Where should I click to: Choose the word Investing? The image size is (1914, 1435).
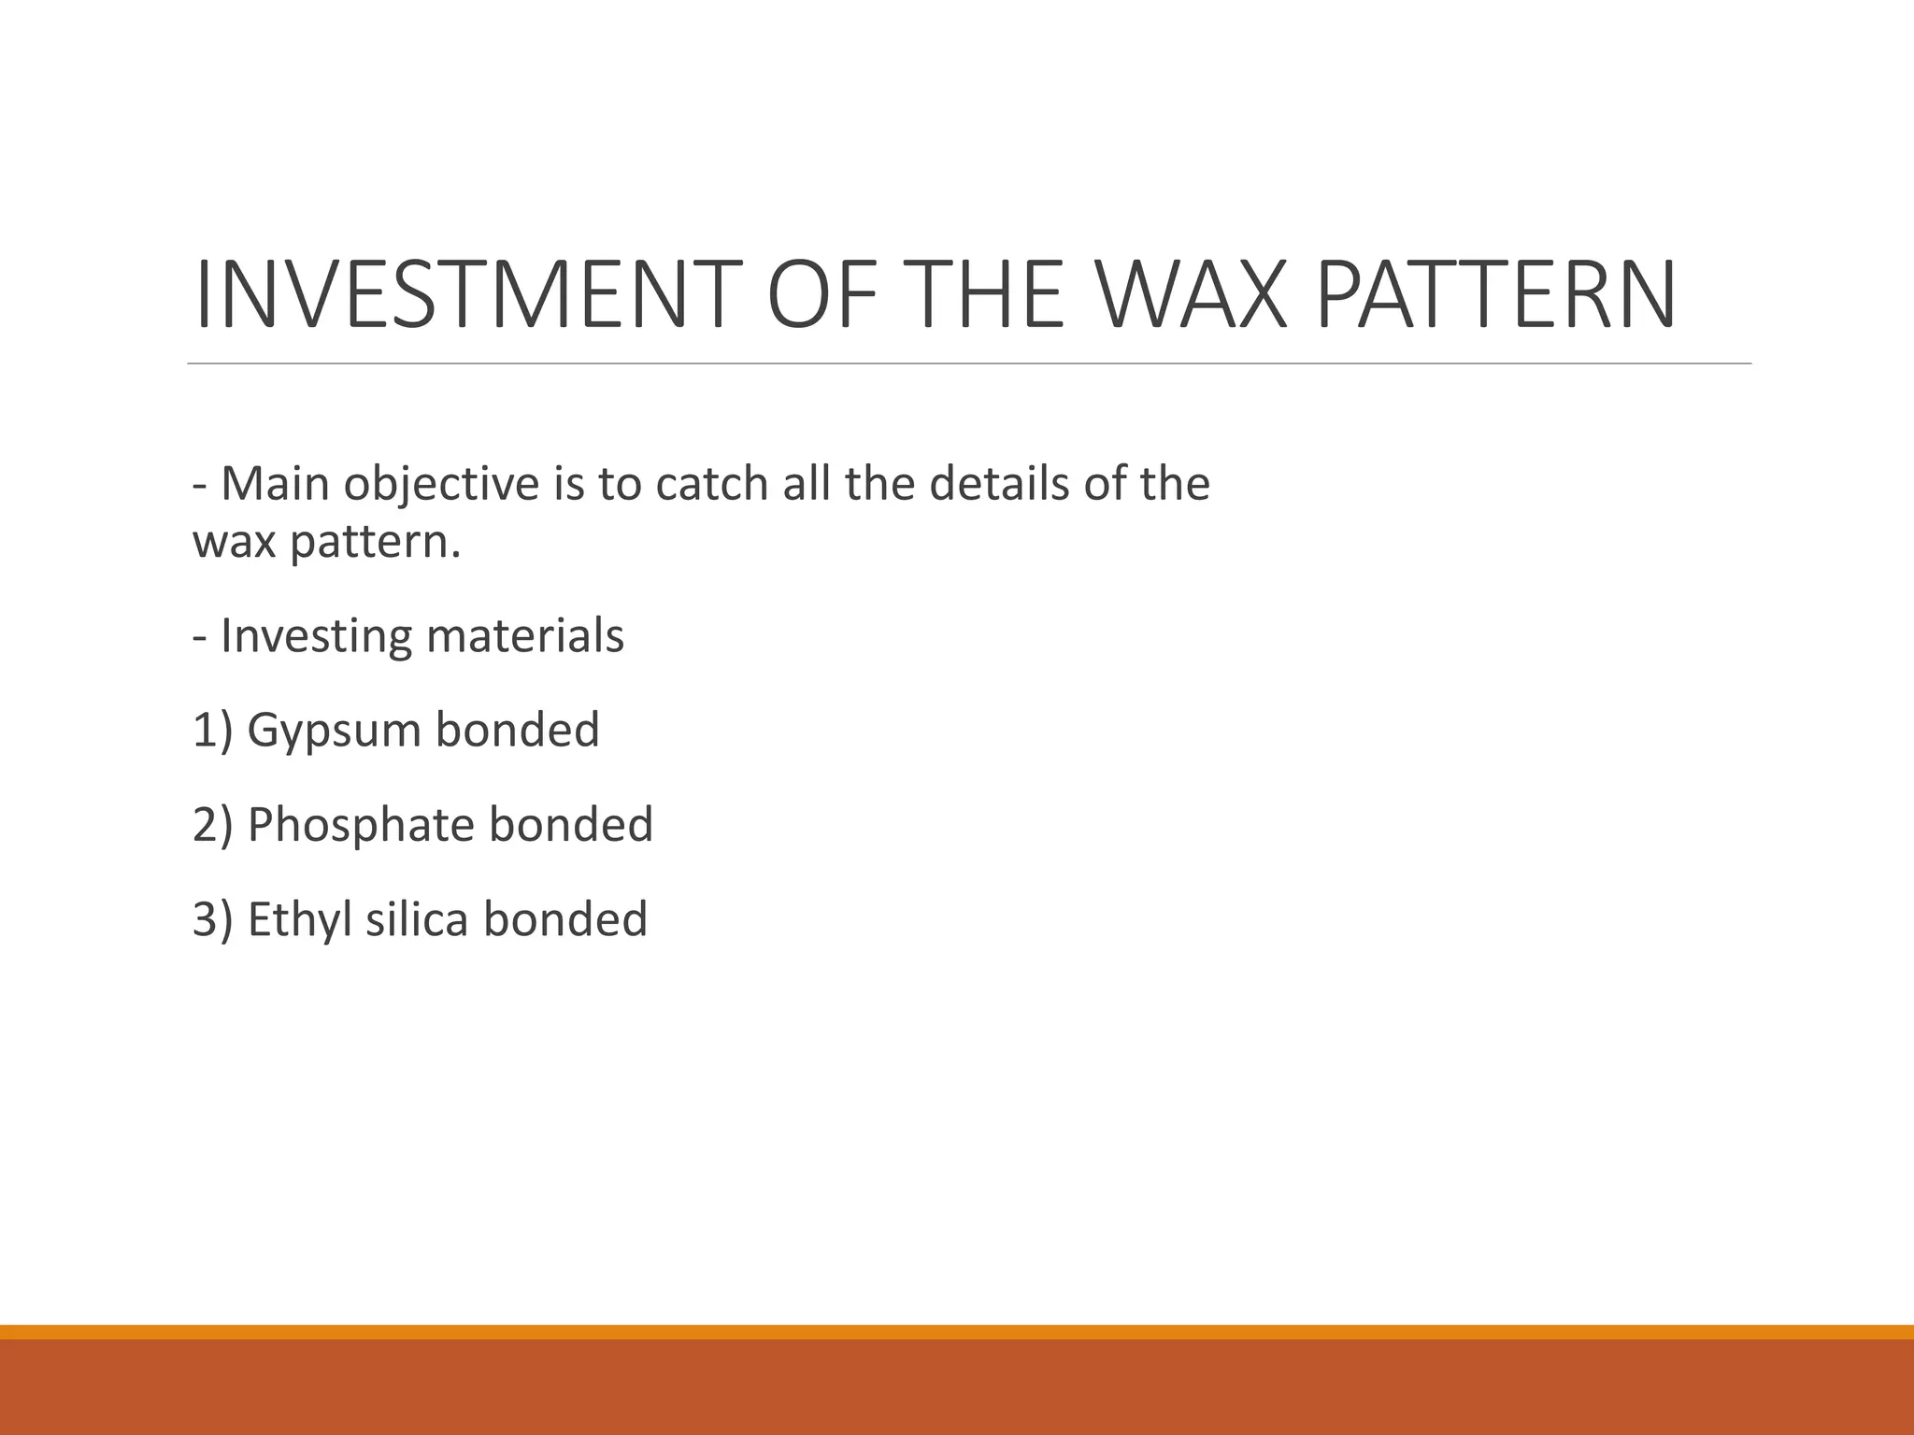[x=316, y=638]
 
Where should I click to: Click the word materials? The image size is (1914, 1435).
[x=525, y=636]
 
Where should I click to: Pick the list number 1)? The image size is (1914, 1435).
[x=211, y=731]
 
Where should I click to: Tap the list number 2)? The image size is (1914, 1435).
[x=211, y=826]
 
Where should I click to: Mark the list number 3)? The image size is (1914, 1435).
[x=211, y=920]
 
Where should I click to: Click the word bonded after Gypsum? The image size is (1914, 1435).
[x=518, y=731]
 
